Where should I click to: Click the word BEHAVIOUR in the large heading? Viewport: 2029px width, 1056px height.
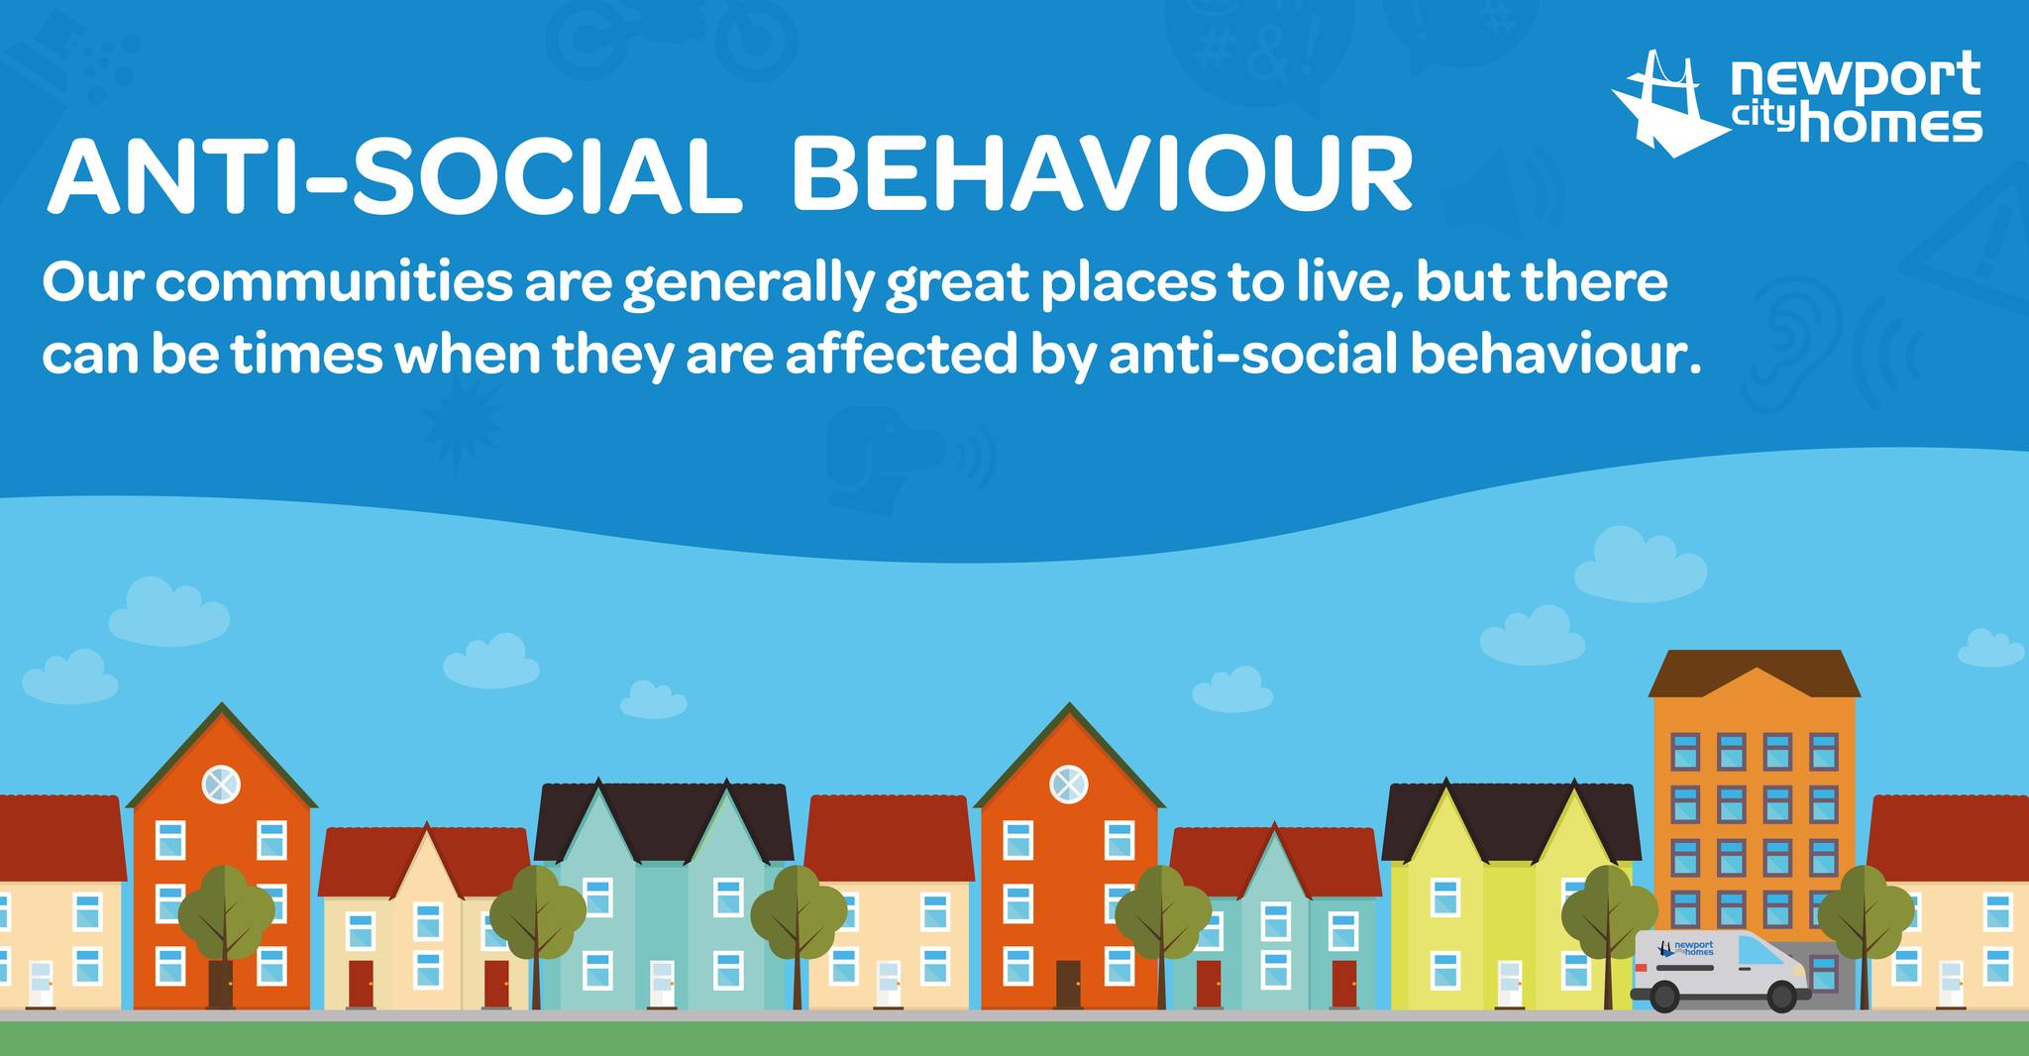[1102, 177]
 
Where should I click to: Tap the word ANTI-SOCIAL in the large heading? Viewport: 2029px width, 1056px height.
[394, 177]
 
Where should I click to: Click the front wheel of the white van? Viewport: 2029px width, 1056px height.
[1782, 996]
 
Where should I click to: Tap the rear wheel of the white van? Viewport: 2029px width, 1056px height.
[1663, 996]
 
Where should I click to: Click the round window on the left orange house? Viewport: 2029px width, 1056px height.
[221, 785]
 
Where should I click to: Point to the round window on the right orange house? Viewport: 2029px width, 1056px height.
[1068, 785]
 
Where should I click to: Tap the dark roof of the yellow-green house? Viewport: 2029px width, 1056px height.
[1511, 820]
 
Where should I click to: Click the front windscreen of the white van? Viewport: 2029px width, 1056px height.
[1760, 952]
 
